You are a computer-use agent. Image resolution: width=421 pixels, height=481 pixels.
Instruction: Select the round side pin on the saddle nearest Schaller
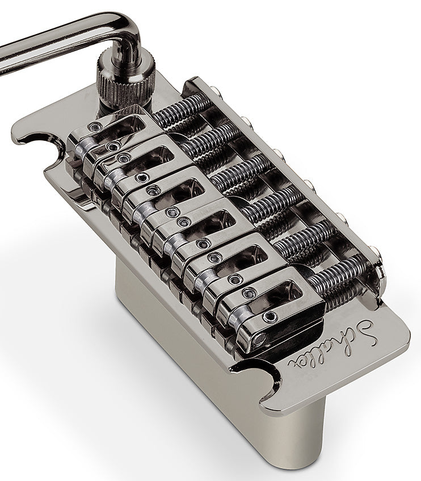[260, 340]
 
